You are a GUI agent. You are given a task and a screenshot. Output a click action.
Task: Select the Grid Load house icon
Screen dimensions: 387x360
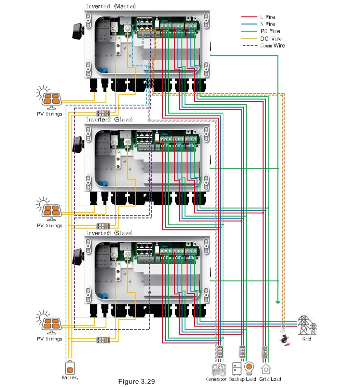265,369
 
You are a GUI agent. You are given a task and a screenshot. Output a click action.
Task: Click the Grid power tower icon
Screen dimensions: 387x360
307,326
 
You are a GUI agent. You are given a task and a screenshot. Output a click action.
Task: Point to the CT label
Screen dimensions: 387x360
283,331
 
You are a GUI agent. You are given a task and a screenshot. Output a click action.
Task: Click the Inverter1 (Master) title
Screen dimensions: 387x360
111,6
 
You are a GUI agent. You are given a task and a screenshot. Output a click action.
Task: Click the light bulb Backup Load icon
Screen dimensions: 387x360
249,368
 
